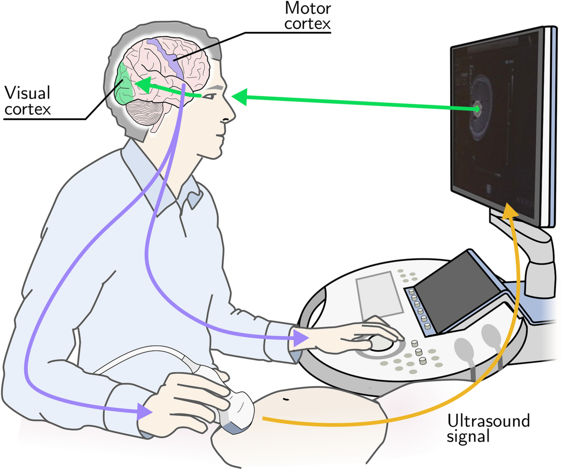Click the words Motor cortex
pos(308,16)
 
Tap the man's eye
pos(211,96)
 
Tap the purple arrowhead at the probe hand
pos(144,411)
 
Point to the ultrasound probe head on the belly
pos(239,410)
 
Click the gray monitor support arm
pos(535,257)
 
